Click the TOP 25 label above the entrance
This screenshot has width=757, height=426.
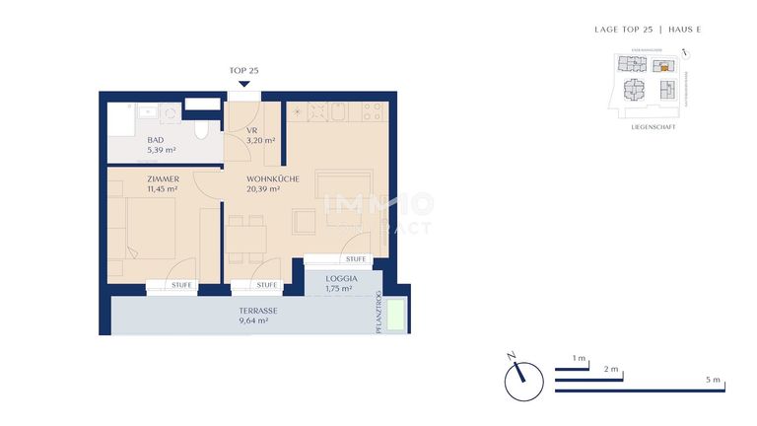pyautogui.click(x=243, y=71)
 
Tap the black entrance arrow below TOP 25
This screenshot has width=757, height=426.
pyautogui.click(x=243, y=84)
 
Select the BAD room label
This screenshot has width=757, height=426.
pyautogui.click(x=156, y=140)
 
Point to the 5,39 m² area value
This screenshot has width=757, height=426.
pyautogui.click(x=162, y=150)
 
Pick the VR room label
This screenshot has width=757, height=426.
pyautogui.click(x=251, y=130)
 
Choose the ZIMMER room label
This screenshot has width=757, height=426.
pyautogui.click(x=164, y=178)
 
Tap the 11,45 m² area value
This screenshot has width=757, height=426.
pyautogui.click(x=163, y=188)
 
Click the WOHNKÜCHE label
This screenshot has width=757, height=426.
pyautogui.click(x=273, y=178)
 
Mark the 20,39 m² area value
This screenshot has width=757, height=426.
pyautogui.click(x=263, y=188)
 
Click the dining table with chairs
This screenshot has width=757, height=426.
pyautogui.click(x=244, y=240)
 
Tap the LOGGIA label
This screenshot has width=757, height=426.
pyautogui.click(x=341, y=279)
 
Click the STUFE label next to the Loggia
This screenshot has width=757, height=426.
pyautogui.click(x=356, y=259)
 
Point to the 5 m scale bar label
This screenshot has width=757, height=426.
pyautogui.click(x=714, y=381)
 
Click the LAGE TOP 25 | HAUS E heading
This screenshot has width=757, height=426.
pyautogui.click(x=648, y=30)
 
